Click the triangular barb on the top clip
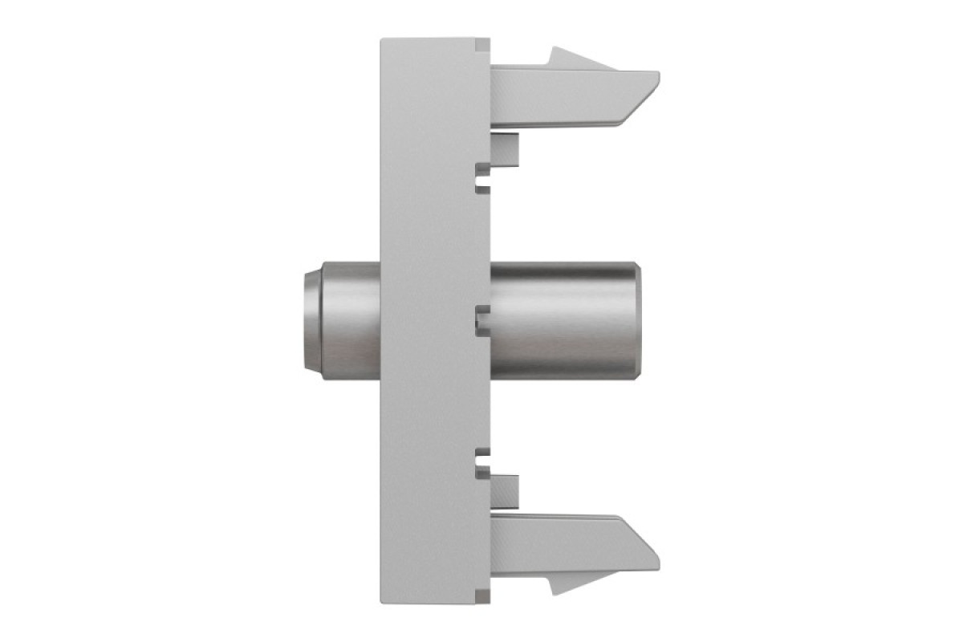(x=566, y=59)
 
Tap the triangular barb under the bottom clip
(x=566, y=583)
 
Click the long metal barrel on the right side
(x=562, y=321)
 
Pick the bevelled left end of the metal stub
(x=308, y=321)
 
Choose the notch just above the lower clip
(x=482, y=464)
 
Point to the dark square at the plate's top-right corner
(x=482, y=45)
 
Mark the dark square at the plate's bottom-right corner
(x=482, y=597)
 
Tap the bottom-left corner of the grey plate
(x=383, y=602)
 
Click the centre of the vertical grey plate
(x=433, y=321)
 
